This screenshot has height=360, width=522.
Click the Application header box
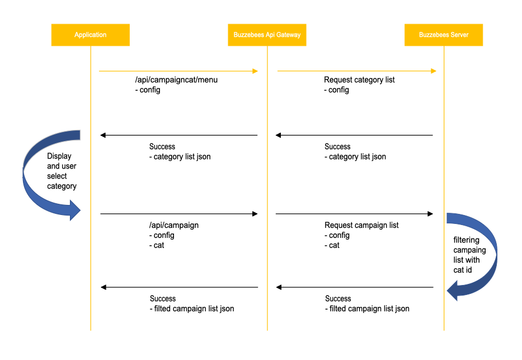(x=90, y=35)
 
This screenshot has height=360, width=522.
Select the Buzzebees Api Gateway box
(x=267, y=35)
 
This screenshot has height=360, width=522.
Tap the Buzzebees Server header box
(x=444, y=35)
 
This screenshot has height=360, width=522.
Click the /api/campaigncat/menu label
(x=176, y=80)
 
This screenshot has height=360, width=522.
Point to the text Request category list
(x=359, y=80)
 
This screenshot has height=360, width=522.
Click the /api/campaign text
(x=174, y=225)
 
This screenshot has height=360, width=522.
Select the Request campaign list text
(x=361, y=225)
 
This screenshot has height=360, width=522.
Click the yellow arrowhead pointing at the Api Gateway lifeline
(x=255, y=71)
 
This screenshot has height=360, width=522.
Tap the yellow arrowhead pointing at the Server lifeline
(x=434, y=71)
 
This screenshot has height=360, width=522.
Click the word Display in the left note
(x=59, y=156)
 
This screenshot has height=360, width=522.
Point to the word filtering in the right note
(x=467, y=240)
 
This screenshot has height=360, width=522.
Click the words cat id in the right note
(x=462, y=270)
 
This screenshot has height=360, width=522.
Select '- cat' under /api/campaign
(x=157, y=245)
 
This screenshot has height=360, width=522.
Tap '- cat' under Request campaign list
(x=332, y=245)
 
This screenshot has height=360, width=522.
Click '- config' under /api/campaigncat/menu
(x=148, y=90)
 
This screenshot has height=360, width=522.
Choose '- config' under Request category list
(x=336, y=90)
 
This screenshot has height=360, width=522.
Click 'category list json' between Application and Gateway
(x=182, y=157)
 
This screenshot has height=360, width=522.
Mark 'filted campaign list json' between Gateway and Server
(x=369, y=308)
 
